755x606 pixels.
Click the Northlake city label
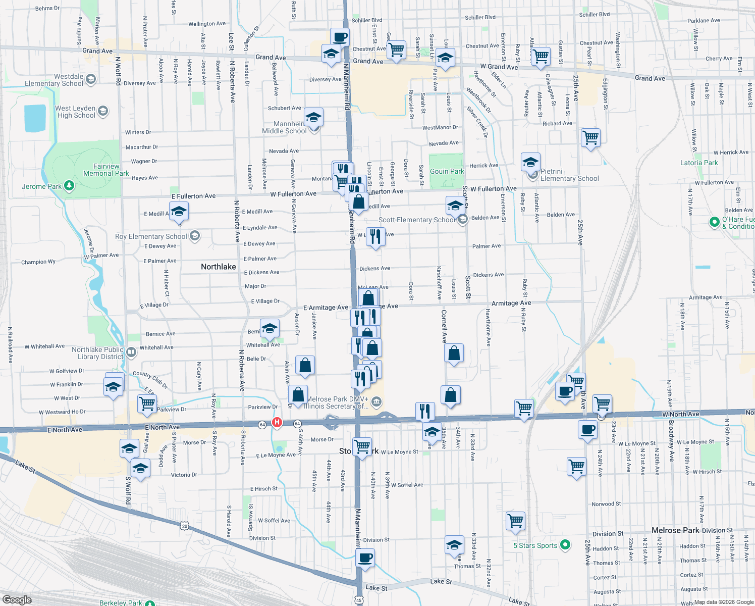coord(218,267)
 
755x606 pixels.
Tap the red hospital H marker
coord(277,422)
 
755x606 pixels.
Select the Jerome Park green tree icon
coord(70,186)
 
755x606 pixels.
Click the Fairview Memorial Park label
coord(106,170)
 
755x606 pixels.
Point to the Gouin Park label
coord(447,171)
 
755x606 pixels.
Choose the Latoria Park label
coord(699,163)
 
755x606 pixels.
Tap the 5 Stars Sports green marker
coord(565,544)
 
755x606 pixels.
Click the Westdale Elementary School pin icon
coord(91,79)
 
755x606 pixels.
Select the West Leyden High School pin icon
coord(103,111)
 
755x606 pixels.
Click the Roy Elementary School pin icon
coord(195,236)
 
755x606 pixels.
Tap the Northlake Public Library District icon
coord(131,352)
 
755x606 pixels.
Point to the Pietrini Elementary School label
coord(569,175)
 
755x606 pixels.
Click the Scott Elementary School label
coord(416,220)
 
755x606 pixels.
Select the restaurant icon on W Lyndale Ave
coord(375,236)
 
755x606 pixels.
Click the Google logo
coord(17,599)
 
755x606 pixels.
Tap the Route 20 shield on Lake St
coord(185,526)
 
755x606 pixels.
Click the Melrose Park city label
coord(675,530)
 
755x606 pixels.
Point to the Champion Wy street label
coord(38,262)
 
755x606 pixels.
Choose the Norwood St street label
coord(606,504)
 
